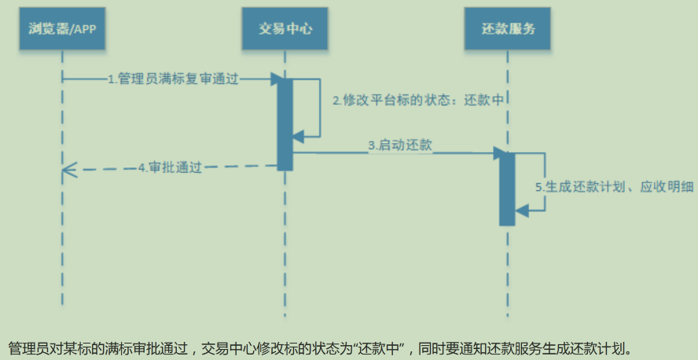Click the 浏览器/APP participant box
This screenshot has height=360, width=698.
tap(62, 30)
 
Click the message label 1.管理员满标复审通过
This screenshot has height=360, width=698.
tap(173, 79)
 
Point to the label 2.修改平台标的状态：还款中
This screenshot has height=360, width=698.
tap(417, 101)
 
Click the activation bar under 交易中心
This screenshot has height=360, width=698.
tap(285, 122)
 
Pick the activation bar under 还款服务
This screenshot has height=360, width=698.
tap(507, 189)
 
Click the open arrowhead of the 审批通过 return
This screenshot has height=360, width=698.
tap(69, 168)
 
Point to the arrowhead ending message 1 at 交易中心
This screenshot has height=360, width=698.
tap(275, 79)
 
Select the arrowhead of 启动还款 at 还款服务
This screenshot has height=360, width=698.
tap(498, 152)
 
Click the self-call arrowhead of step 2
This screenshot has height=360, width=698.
tap(298, 137)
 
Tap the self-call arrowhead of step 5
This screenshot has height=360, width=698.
tap(520, 209)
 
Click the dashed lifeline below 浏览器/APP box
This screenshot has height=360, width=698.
tap(62, 236)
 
